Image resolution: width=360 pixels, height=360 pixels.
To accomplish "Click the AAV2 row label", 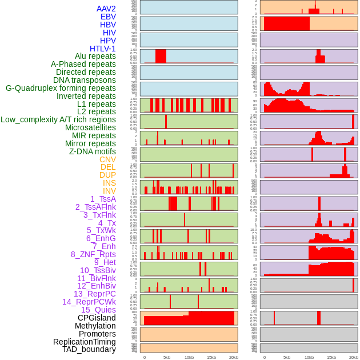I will tap(106, 9).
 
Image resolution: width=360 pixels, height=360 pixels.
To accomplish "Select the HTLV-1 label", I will tap(102, 49).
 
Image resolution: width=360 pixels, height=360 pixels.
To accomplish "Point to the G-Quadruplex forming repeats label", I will tap(61, 88).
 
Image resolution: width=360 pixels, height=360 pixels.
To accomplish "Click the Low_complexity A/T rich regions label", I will tap(58, 119).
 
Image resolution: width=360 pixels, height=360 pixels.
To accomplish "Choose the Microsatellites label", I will tap(90, 127).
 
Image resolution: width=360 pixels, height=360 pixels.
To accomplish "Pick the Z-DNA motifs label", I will tap(92, 151).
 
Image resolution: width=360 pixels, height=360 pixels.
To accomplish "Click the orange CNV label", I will tap(107, 159).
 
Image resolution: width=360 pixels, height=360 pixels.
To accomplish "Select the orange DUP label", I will tap(107, 175).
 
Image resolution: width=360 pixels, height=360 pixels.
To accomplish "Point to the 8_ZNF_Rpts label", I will tap(93, 254).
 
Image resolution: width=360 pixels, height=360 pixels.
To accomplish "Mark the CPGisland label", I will tap(97, 318).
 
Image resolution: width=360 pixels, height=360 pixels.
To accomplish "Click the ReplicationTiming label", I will tap(85, 342).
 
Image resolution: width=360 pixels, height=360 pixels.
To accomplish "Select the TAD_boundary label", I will tap(89, 349).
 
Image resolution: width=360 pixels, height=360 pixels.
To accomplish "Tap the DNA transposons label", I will tap(85, 80).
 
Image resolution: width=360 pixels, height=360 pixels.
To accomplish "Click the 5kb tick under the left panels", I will tap(167, 357).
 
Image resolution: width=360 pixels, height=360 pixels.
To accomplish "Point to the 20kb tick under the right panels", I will tap(354, 357).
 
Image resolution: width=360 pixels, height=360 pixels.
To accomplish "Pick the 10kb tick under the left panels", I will tap(189, 357).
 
